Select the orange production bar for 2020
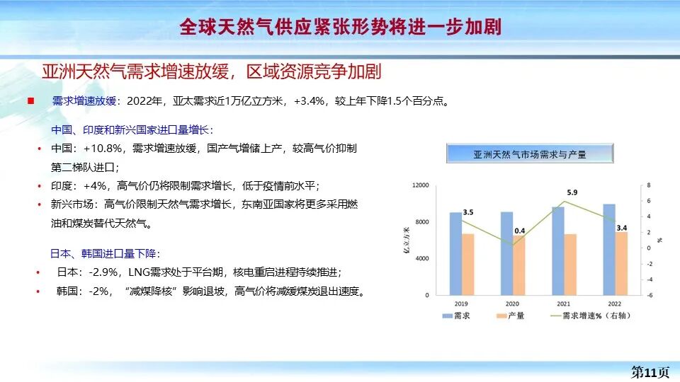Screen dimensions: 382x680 519,265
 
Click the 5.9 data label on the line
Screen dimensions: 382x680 572,192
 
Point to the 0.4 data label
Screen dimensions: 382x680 519,231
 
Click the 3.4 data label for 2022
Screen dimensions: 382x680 622,228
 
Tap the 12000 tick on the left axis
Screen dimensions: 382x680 421,185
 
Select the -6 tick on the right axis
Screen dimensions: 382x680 650,295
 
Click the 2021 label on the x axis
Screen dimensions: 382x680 564,303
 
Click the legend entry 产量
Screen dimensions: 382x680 516,316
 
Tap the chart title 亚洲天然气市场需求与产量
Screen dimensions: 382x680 530,154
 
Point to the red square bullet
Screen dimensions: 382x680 30,100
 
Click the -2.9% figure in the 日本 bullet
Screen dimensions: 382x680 104,272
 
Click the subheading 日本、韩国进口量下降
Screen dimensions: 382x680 105,253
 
